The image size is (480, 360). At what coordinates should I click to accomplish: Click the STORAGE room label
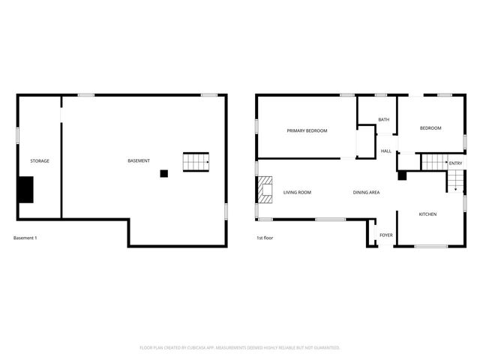click(x=40, y=161)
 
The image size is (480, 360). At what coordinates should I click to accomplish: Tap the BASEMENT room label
click(x=138, y=161)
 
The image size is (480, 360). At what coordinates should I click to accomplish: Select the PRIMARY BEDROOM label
click(x=307, y=130)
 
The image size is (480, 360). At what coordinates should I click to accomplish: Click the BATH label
click(x=383, y=120)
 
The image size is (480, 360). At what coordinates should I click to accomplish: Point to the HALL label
click(x=385, y=151)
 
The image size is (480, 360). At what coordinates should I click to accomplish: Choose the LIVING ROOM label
click(x=297, y=193)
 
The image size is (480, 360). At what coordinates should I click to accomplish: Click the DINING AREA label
click(x=366, y=193)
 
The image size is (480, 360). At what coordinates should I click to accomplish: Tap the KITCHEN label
click(x=427, y=214)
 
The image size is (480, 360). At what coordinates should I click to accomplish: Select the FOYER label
click(x=385, y=235)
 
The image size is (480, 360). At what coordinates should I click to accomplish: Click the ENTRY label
click(x=455, y=163)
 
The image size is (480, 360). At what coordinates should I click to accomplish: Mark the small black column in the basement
click(x=163, y=174)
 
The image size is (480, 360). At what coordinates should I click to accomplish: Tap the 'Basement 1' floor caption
click(x=25, y=238)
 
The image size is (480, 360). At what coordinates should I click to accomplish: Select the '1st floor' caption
click(x=265, y=238)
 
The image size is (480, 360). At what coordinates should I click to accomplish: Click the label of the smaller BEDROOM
click(x=430, y=128)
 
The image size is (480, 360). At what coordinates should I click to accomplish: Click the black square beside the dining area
click(x=401, y=176)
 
